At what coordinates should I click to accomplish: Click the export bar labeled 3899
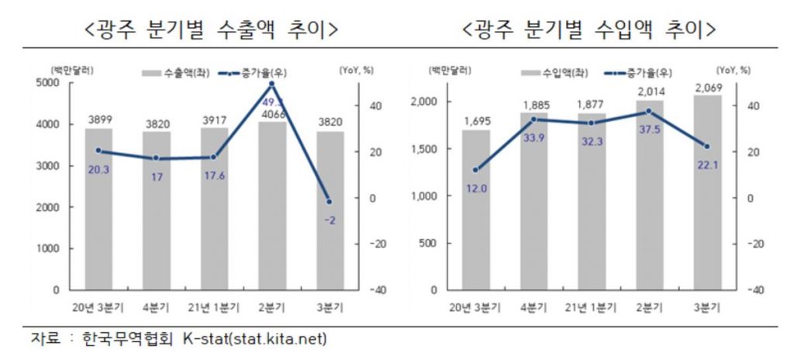98,209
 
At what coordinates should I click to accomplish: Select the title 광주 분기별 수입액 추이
589,30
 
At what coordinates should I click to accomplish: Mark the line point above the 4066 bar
271,84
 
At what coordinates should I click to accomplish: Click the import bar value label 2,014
650,92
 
